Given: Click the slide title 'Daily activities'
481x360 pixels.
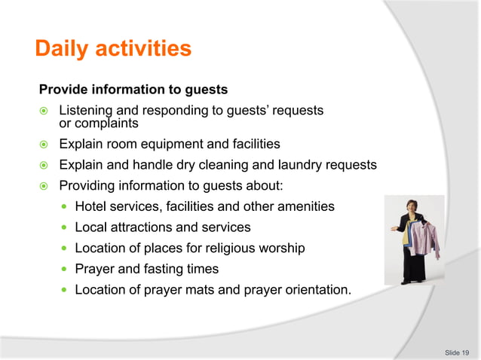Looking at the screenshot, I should click(x=113, y=50).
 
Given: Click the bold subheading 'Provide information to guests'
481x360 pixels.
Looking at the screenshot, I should click(x=133, y=90).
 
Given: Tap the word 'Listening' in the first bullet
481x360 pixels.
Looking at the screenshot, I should click(x=85, y=111).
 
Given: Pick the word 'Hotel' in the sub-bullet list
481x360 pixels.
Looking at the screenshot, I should click(x=91, y=206).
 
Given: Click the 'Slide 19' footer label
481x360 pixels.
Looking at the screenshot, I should click(x=457, y=352).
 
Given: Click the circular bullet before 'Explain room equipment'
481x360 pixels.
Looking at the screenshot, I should click(x=44, y=145).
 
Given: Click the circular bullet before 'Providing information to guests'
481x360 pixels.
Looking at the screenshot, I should click(x=44, y=186).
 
